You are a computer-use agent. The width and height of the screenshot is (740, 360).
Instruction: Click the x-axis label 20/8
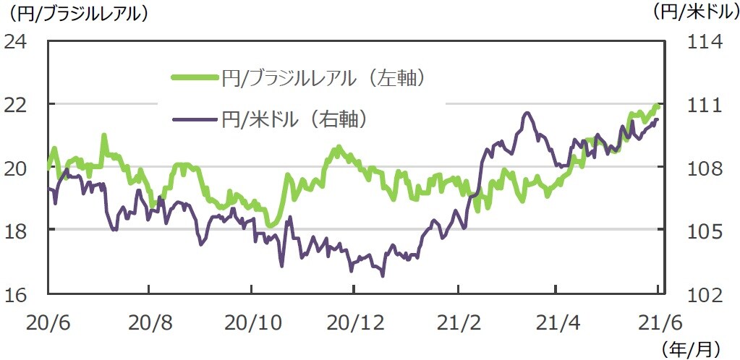point(148,318)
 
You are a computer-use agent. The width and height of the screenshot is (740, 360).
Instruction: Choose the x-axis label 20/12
point(353,318)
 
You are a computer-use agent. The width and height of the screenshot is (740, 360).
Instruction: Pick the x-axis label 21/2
point(458,318)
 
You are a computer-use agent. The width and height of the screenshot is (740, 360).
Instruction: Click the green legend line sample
point(195,77)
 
